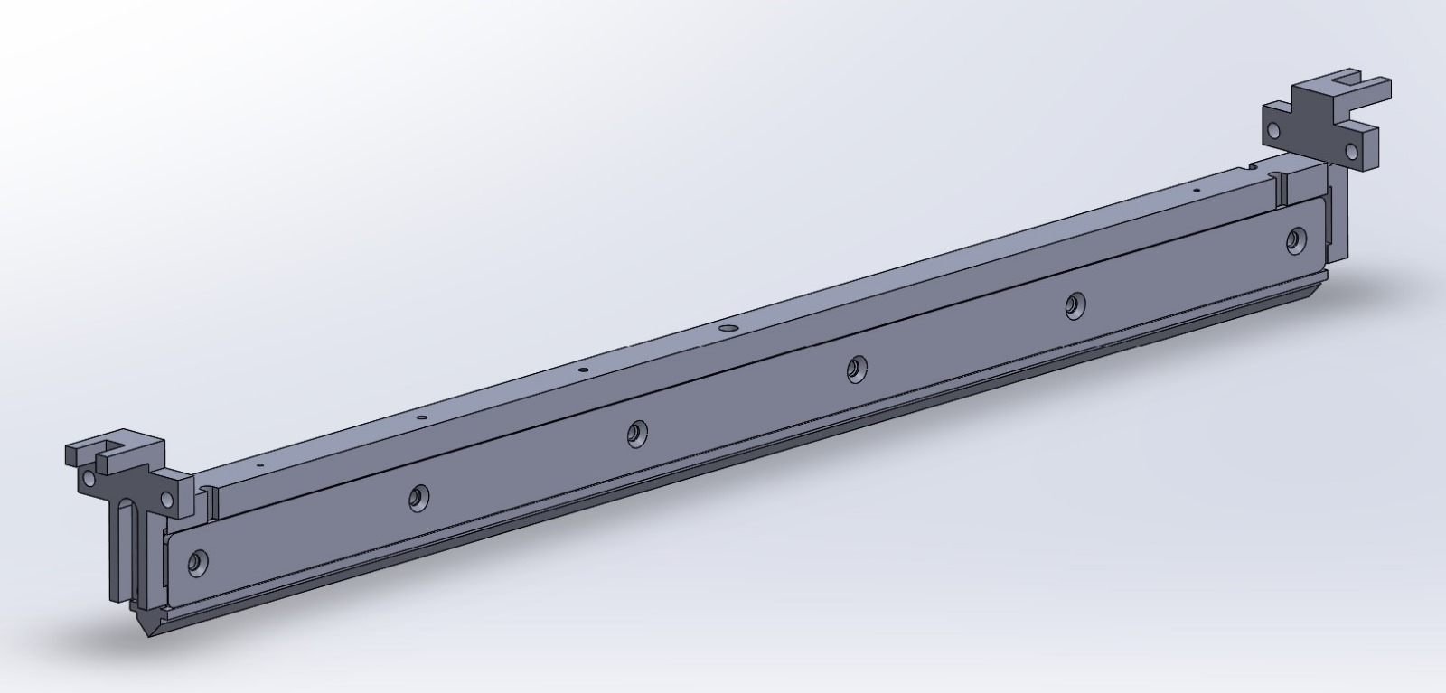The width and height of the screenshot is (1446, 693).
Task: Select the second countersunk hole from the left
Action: point(418,497)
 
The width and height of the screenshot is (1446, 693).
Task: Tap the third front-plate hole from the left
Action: point(638,434)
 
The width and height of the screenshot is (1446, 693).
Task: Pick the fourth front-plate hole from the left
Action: point(855,368)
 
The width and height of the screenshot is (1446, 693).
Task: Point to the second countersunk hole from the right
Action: point(1074,305)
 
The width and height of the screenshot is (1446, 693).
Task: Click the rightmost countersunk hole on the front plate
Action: point(1296,239)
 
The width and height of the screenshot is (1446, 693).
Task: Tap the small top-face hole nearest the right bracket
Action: point(1196,192)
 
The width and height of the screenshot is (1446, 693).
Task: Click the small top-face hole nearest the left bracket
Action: point(260,464)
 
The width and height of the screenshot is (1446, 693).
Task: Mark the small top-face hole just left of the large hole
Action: point(583,370)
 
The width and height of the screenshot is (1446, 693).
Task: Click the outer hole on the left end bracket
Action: point(88,476)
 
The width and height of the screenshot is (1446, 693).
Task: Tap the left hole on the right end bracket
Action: point(1273,131)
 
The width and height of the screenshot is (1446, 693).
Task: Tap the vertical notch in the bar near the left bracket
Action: point(210,501)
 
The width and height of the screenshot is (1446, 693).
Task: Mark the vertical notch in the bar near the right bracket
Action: point(1282,187)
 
